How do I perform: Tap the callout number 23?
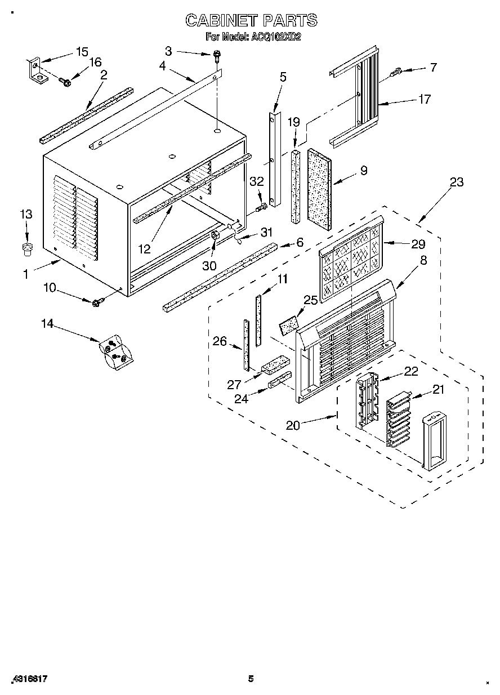457,182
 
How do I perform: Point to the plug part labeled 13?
26,248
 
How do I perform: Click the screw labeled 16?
65,83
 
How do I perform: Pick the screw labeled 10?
96,303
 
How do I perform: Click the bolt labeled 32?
260,208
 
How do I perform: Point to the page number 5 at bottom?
251,679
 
